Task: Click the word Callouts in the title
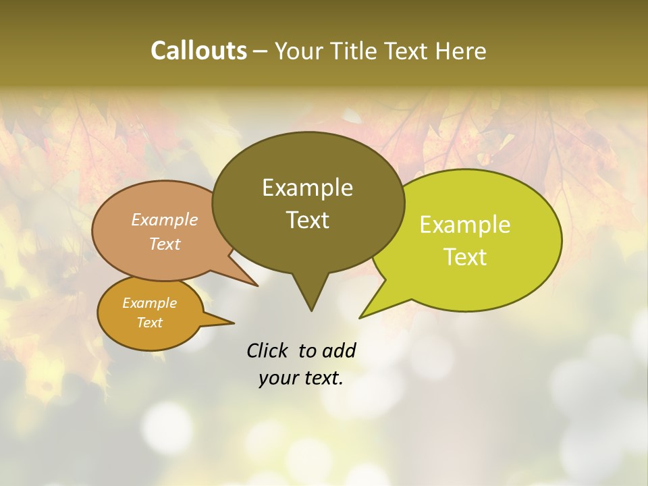pyautogui.click(x=199, y=51)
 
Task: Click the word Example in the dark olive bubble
pyautogui.click(x=307, y=188)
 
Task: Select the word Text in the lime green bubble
pyautogui.click(x=466, y=257)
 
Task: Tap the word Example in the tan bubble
pyautogui.click(x=165, y=220)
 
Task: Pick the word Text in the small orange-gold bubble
pyautogui.click(x=150, y=323)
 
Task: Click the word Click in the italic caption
pyautogui.click(x=267, y=350)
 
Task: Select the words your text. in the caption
pyautogui.click(x=301, y=379)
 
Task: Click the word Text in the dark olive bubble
pyautogui.click(x=308, y=220)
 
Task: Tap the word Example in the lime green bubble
pyautogui.click(x=465, y=225)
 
